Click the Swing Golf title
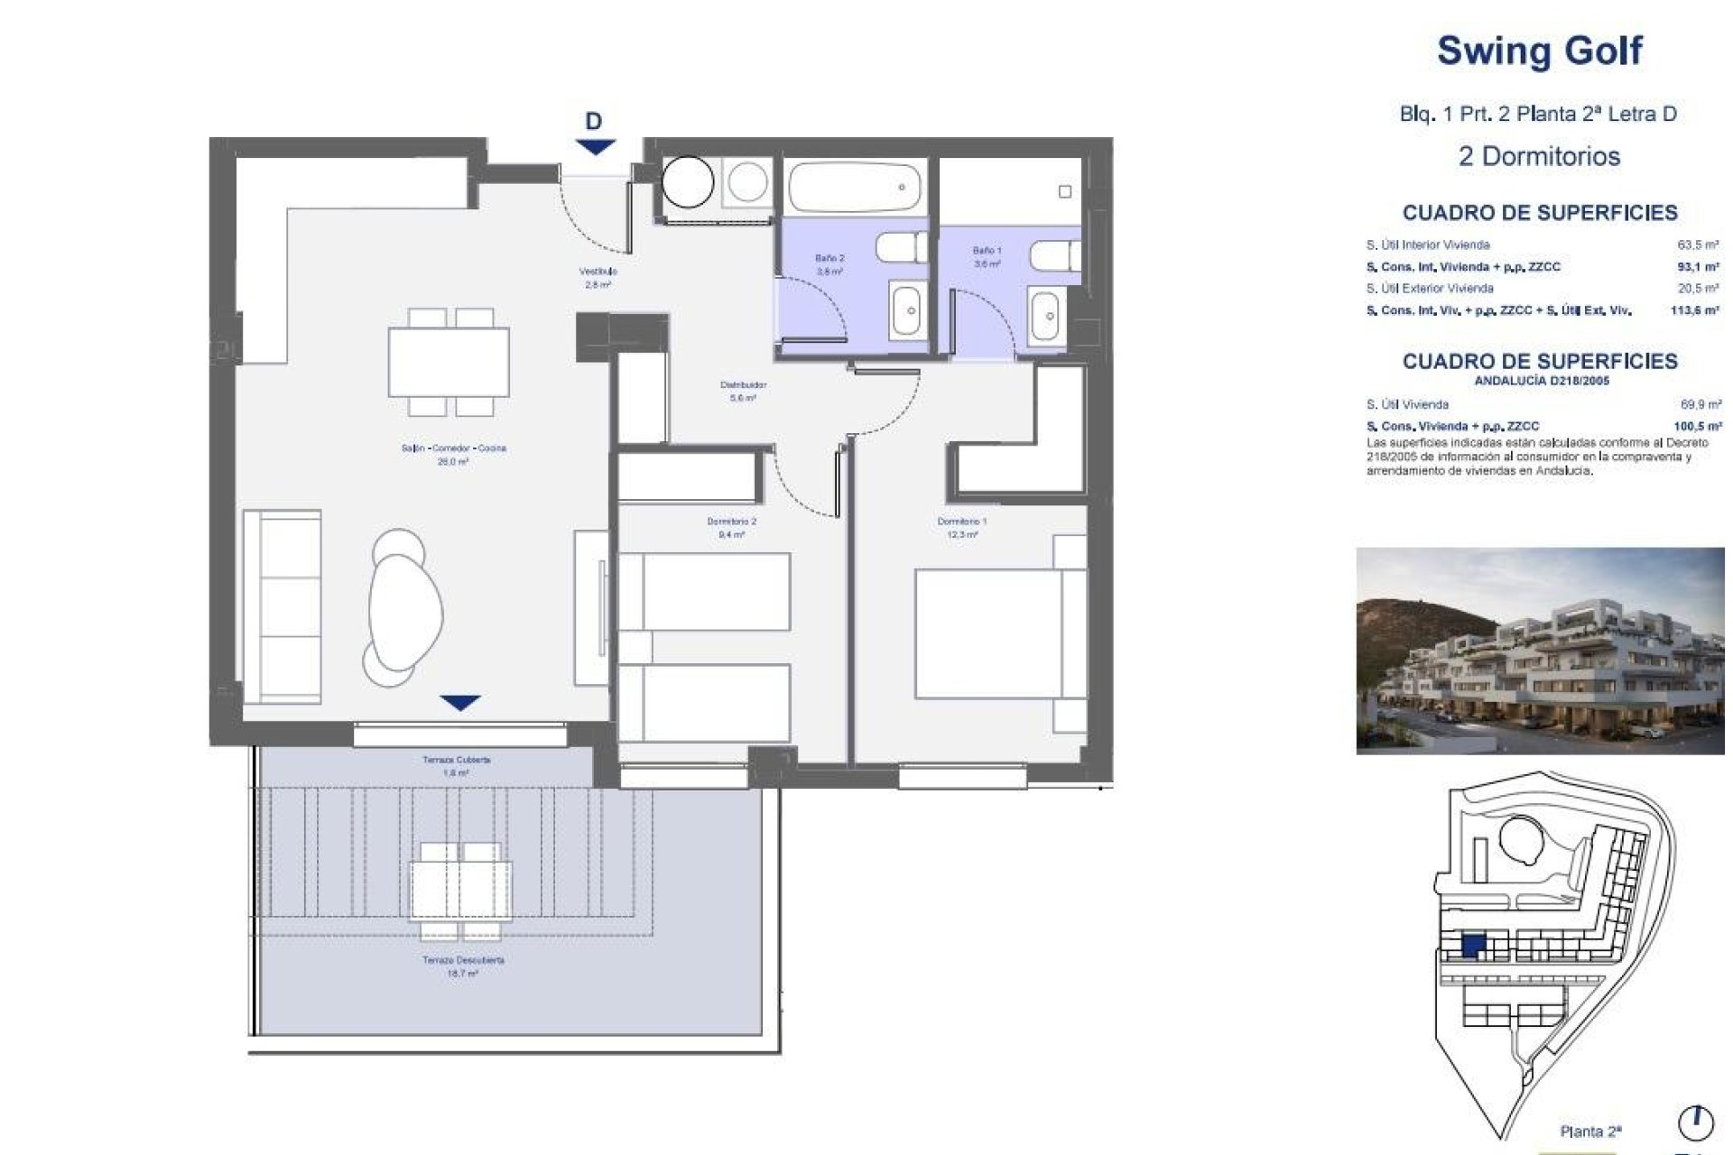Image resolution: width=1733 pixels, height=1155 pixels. (1539, 51)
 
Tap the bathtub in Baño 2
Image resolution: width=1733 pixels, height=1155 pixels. (855, 187)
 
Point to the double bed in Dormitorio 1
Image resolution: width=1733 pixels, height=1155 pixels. (988, 633)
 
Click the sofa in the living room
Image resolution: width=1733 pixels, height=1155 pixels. (282, 606)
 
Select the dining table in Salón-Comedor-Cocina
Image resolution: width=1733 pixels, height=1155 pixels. (449, 362)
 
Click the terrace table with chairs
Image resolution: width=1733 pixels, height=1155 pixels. (460, 890)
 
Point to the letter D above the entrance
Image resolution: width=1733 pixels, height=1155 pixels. (593, 121)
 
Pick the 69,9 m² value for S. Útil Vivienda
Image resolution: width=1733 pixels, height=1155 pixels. (1700, 405)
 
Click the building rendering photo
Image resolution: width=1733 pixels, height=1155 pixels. (1539, 651)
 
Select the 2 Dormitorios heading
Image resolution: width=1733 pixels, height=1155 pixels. (1539, 156)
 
